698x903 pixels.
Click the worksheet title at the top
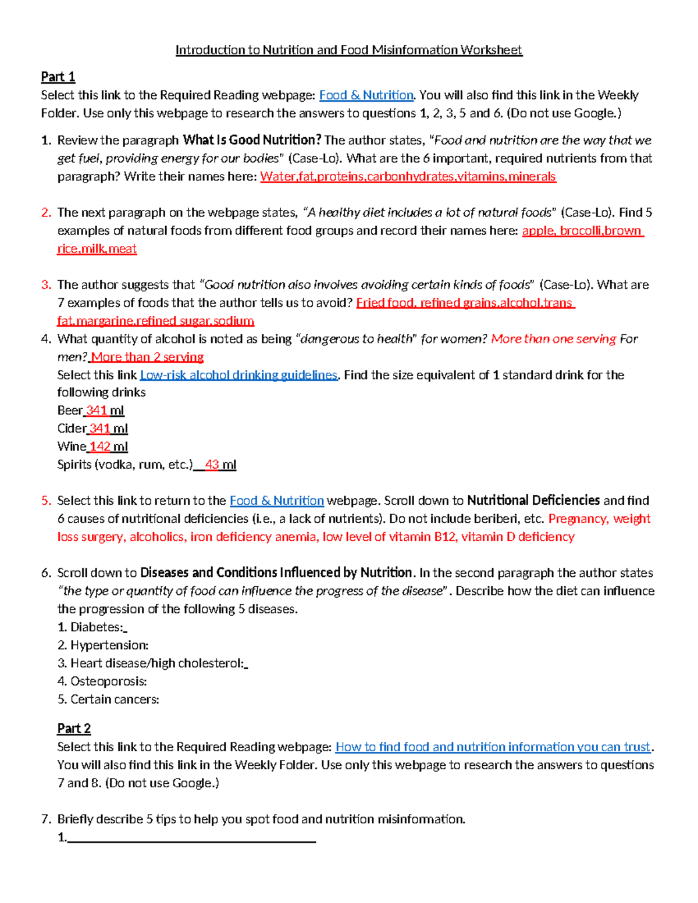(349, 50)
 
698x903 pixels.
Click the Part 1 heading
(58, 77)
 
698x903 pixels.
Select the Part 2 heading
(74, 729)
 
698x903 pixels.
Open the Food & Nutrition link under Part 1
(366, 95)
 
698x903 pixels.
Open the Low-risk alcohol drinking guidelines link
(238, 375)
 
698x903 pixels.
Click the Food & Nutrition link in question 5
(276, 501)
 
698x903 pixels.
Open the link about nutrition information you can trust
(492, 747)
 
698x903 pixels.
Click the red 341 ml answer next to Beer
(104, 411)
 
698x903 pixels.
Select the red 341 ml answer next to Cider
(108, 429)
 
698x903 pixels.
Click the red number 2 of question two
(46, 213)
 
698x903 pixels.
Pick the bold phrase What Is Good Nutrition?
(252, 140)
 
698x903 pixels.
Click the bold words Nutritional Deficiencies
(533, 501)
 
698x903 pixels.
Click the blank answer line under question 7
(191, 839)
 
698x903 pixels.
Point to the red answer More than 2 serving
(147, 357)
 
